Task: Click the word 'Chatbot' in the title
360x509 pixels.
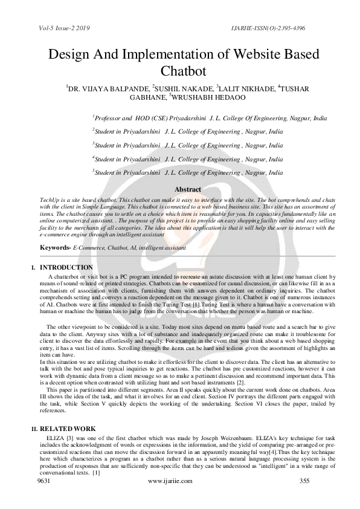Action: (180, 71)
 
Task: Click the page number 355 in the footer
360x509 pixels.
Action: (304, 481)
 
